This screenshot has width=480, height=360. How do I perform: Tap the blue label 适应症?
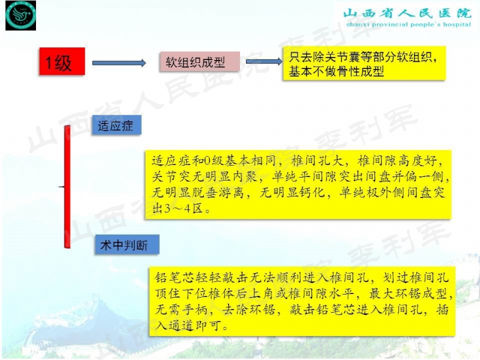[x=115, y=127]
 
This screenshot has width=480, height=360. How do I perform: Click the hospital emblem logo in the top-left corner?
[x=21, y=16]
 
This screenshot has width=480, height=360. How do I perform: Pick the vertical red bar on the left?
[x=68, y=186]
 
